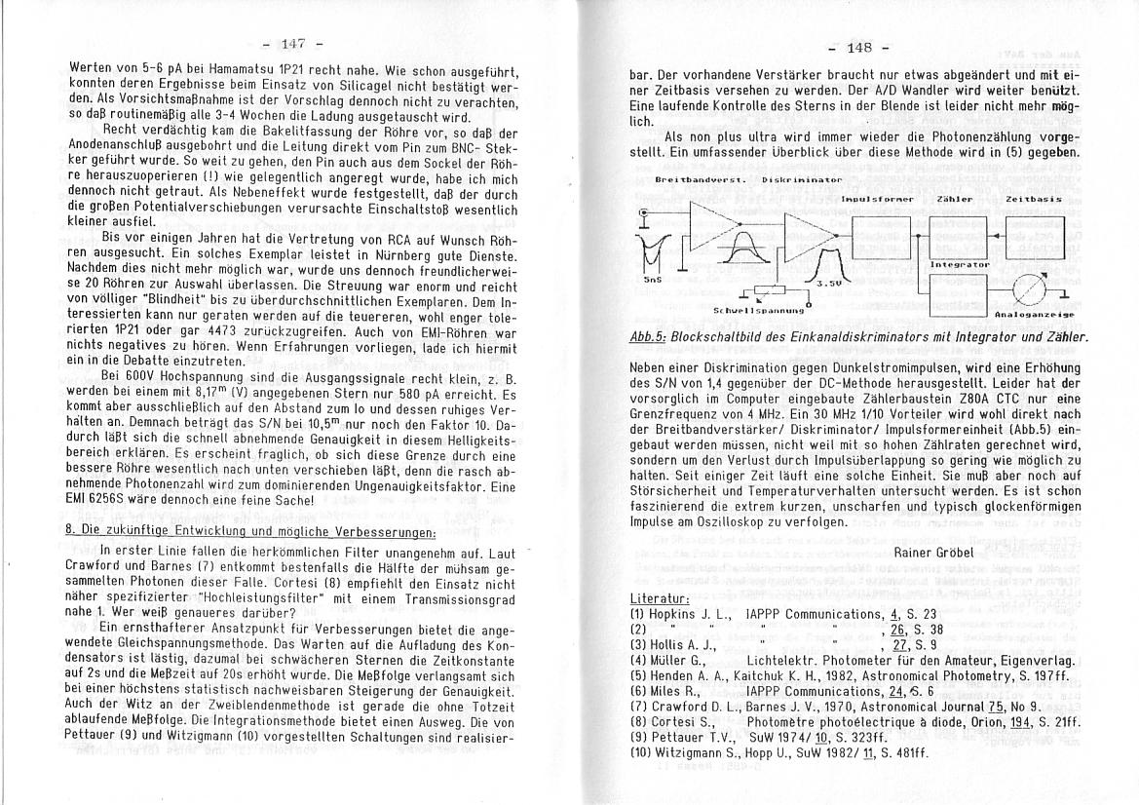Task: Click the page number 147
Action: tap(293, 44)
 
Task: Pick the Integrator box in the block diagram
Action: tap(959, 292)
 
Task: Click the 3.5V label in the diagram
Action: tap(827, 283)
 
